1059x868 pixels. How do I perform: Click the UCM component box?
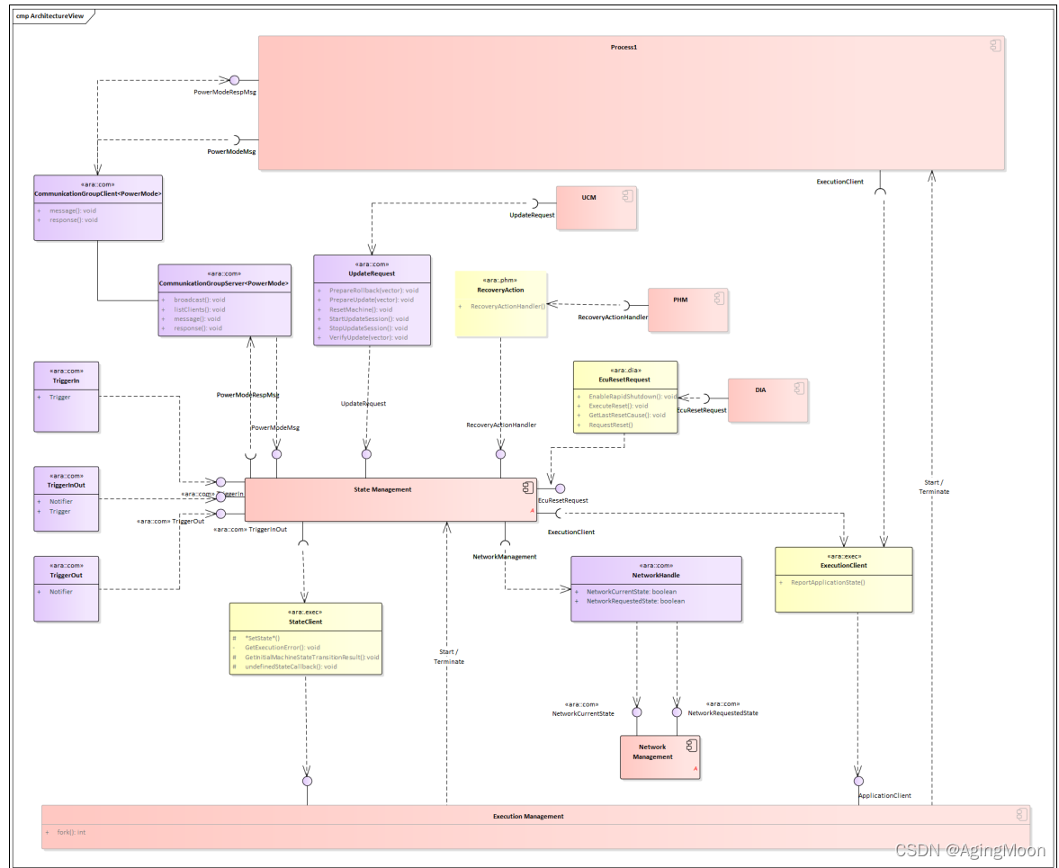tap(596, 208)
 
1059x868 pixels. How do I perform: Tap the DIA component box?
tap(767, 399)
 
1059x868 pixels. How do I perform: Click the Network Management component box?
tap(660, 756)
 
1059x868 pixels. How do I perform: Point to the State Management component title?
tap(382, 489)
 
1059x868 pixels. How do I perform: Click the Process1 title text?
tap(624, 46)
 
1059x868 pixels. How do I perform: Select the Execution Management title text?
tap(528, 816)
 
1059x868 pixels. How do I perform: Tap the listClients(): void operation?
tap(200, 309)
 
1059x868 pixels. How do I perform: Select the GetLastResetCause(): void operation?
tap(626, 415)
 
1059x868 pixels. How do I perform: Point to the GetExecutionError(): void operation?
tap(282, 647)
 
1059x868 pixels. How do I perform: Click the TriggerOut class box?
tap(67, 588)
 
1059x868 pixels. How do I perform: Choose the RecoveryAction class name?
tap(500, 290)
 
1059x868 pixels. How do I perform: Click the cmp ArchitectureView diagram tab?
tap(50, 16)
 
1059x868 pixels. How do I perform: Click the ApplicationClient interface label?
tap(884, 795)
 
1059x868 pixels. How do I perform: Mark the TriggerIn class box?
tap(67, 397)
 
